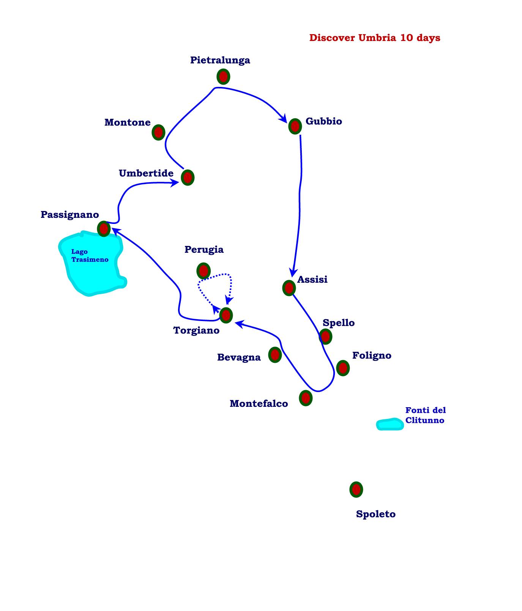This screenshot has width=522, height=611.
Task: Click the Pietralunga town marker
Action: [x=223, y=77]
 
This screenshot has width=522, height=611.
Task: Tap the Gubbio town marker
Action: [x=295, y=126]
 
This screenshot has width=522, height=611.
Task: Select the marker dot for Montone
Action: [x=158, y=132]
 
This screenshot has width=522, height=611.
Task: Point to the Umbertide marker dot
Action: [x=188, y=177]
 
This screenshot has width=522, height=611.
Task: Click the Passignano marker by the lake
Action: [x=104, y=229]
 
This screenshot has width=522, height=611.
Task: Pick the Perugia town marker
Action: [x=203, y=271]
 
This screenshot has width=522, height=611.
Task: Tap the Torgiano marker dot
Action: [x=226, y=315]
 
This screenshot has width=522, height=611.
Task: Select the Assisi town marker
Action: [x=289, y=288]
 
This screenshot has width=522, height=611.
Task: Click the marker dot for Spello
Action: [x=325, y=336]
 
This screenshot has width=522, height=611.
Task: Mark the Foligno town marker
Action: [x=343, y=368]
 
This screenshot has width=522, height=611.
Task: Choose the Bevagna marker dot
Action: [x=275, y=355]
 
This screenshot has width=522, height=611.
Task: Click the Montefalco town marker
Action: [x=306, y=398]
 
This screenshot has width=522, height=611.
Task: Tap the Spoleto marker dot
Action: [x=356, y=490]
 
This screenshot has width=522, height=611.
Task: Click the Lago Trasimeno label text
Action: [x=90, y=256]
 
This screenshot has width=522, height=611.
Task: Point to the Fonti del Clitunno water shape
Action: [x=390, y=424]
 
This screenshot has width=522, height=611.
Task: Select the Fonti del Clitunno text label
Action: [x=425, y=415]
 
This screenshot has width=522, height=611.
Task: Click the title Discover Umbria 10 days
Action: [x=375, y=38]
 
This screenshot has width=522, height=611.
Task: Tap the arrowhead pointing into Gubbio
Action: [x=283, y=118]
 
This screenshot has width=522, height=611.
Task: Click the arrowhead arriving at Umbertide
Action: [x=175, y=183]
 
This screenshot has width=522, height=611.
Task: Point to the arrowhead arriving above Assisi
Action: [x=292, y=272]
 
